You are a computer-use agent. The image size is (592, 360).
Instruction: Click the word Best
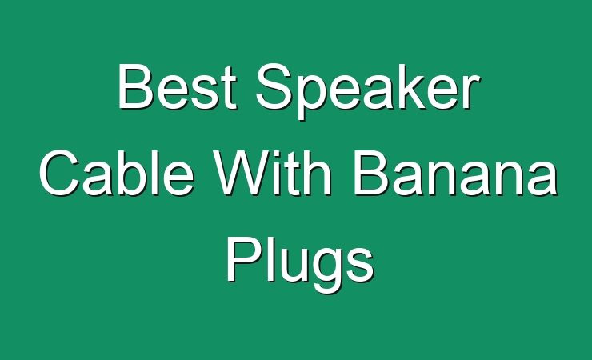point(177,86)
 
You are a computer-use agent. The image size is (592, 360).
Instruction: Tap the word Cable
point(117,173)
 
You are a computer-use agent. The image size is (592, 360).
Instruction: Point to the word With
point(272,173)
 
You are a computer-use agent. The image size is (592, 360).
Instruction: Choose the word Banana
point(455,173)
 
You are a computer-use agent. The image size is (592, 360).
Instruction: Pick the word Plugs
point(300,264)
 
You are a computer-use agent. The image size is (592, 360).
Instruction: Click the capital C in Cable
point(60,173)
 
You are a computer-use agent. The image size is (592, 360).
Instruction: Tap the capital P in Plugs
point(244,259)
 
